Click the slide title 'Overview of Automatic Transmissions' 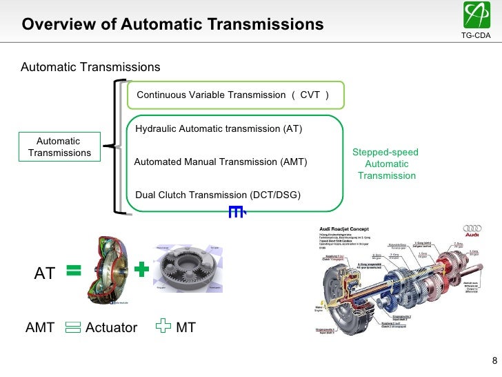172,25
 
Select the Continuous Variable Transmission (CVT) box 234,95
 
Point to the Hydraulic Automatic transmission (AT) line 219,129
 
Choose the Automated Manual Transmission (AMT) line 220,162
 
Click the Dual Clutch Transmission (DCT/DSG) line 218,195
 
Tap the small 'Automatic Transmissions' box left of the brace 59,147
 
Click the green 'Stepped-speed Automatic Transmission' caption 386,164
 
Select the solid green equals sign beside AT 74,272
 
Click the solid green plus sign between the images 141,270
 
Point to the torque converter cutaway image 107,270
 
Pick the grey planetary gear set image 188,271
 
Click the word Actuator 111,328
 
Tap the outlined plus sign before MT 162,327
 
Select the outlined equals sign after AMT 72,327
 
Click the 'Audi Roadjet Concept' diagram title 343,229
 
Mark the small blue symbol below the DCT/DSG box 237,213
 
